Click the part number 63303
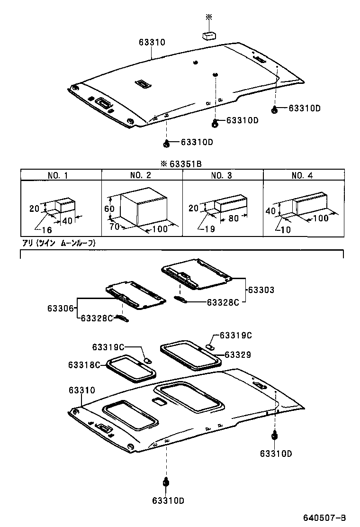coord(261,289)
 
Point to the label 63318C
coord(84,364)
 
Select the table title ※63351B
coord(181,164)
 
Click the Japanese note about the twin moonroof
coord(59,243)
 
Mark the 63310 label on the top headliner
coord(152,42)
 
